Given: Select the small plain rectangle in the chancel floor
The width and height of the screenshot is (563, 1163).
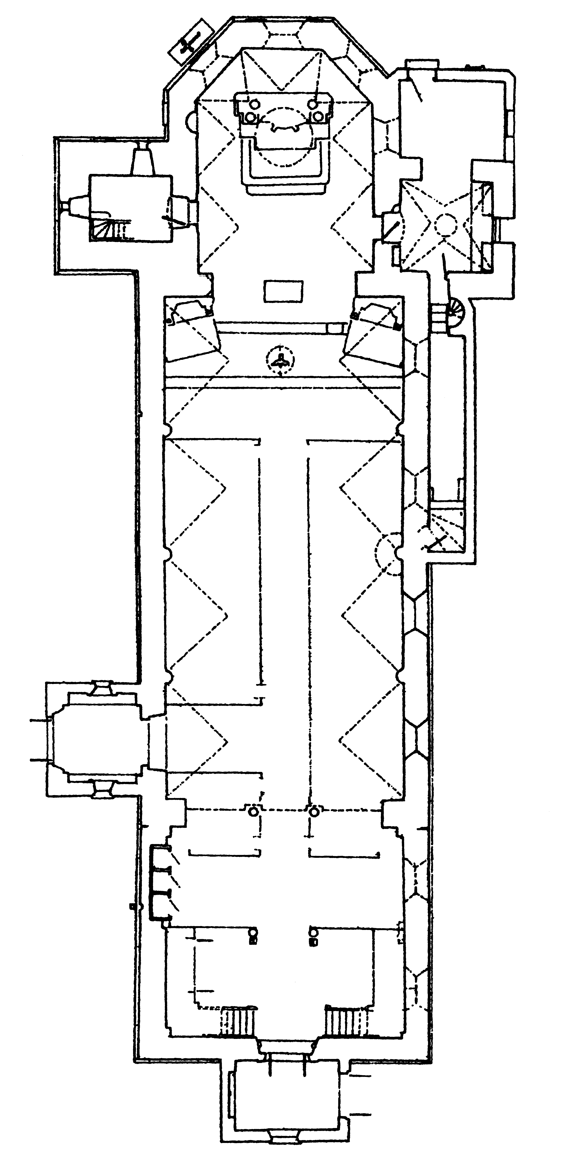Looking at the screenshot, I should click(x=283, y=291).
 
